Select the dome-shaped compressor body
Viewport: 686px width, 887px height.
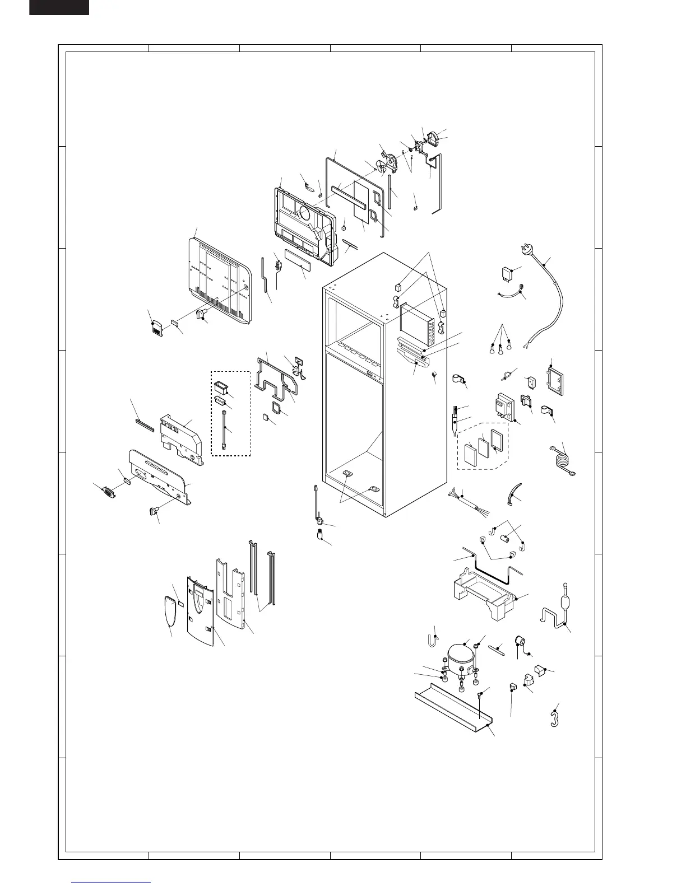[x=461, y=655]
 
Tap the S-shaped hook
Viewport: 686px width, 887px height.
[x=555, y=719]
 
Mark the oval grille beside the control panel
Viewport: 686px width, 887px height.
[x=106, y=491]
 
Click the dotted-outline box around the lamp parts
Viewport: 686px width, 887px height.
[x=230, y=413]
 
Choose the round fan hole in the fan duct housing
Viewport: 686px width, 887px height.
[x=307, y=213]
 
